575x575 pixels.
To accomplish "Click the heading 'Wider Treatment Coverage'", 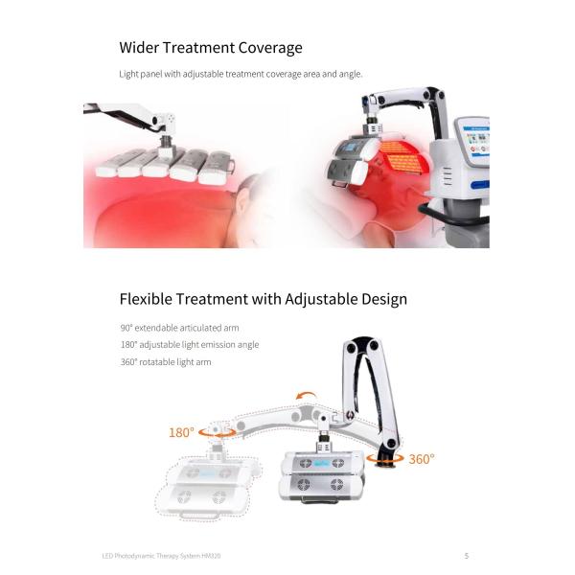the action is coord(211,48).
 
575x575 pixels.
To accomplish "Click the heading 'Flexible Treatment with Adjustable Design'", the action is coord(264,299).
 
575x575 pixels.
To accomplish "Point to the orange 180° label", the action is coord(181,433).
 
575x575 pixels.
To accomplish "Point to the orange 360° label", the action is coord(422,459).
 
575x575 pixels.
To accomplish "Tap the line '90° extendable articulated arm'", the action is coord(180,328).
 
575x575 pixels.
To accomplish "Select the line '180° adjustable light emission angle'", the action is coord(190,345).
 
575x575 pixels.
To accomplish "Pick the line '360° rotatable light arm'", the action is coord(166,362).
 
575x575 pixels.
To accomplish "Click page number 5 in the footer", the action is coord(467,556).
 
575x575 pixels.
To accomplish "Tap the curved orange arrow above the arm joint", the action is coord(306,395).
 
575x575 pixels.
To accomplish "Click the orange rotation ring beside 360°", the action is coord(385,458).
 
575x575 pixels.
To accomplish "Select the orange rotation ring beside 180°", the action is coord(217,433).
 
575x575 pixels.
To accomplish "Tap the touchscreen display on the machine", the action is coord(476,141).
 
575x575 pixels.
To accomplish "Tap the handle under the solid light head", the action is coord(319,500).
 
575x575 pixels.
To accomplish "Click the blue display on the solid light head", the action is coord(322,464).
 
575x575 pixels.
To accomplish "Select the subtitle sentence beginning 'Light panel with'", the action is coord(241,74).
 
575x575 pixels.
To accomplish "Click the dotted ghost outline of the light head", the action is coord(206,484).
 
